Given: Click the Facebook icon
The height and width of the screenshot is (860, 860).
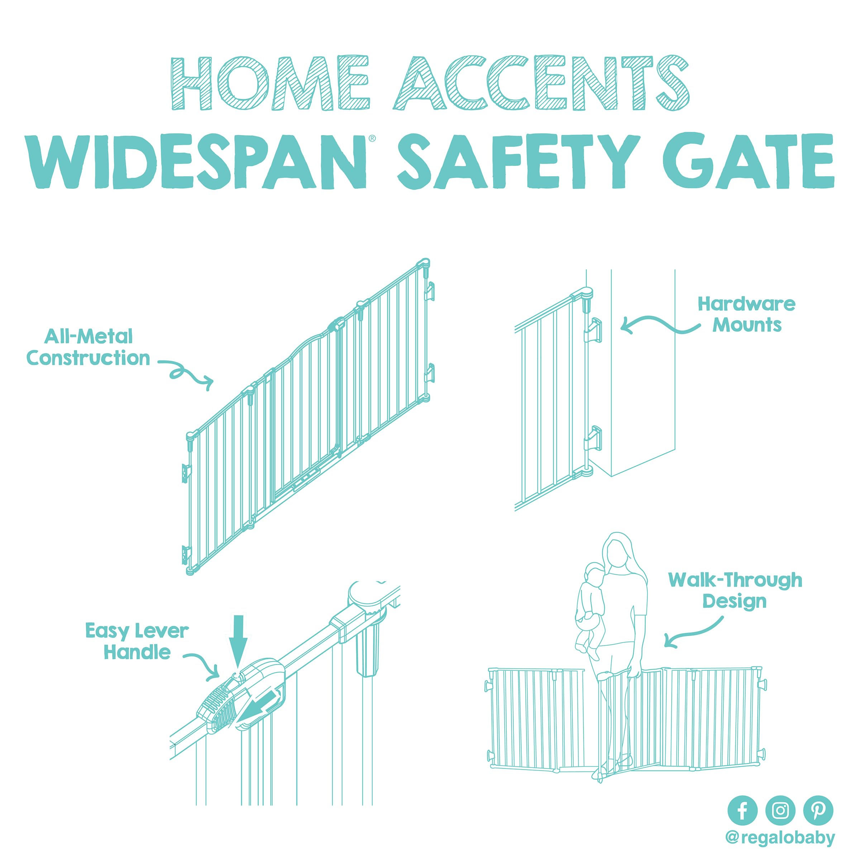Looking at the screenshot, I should coord(742,810).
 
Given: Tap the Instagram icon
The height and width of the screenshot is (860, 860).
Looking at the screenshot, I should coord(780,810).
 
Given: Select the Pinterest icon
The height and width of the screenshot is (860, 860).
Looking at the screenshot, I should coord(818,810).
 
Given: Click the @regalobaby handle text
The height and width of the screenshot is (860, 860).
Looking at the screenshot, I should coord(780,838).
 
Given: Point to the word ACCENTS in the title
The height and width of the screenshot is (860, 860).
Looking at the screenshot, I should coord(541,83).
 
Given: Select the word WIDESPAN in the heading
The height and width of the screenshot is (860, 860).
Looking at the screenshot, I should coord(196,162).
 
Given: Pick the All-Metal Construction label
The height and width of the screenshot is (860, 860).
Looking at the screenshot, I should coord(88,347).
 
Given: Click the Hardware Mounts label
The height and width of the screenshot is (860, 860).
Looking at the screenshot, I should coord(746,315).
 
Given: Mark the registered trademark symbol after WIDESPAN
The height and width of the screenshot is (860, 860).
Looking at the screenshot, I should coord(372,138).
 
